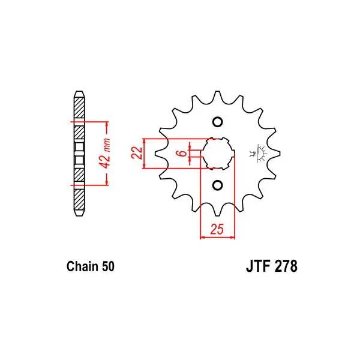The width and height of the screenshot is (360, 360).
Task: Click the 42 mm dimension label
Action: [x=105, y=153]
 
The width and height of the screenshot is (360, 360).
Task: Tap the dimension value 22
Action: [x=137, y=152]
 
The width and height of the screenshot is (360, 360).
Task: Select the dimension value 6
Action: [x=182, y=153]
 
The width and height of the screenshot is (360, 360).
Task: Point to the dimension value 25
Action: [x=217, y=229]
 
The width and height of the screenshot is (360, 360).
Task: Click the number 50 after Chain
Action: [x=108, y=266]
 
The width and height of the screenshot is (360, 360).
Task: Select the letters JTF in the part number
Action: [x=258, y=266]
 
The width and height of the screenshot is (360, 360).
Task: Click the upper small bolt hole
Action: [x=217, y=122]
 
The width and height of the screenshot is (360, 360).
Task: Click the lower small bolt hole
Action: [x=217, y=185]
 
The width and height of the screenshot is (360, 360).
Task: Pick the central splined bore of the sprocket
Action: [x=217, y=154]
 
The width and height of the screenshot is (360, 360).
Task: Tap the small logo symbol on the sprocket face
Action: [x=258, y=154]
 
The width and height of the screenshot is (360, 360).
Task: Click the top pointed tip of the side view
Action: [x=79, y=91]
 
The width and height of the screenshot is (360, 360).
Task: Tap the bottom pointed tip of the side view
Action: [x=79, y=216]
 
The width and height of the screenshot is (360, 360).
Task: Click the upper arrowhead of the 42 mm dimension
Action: [x=107, y=124]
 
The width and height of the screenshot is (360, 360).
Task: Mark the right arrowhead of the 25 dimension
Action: [x=232, y=237]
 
